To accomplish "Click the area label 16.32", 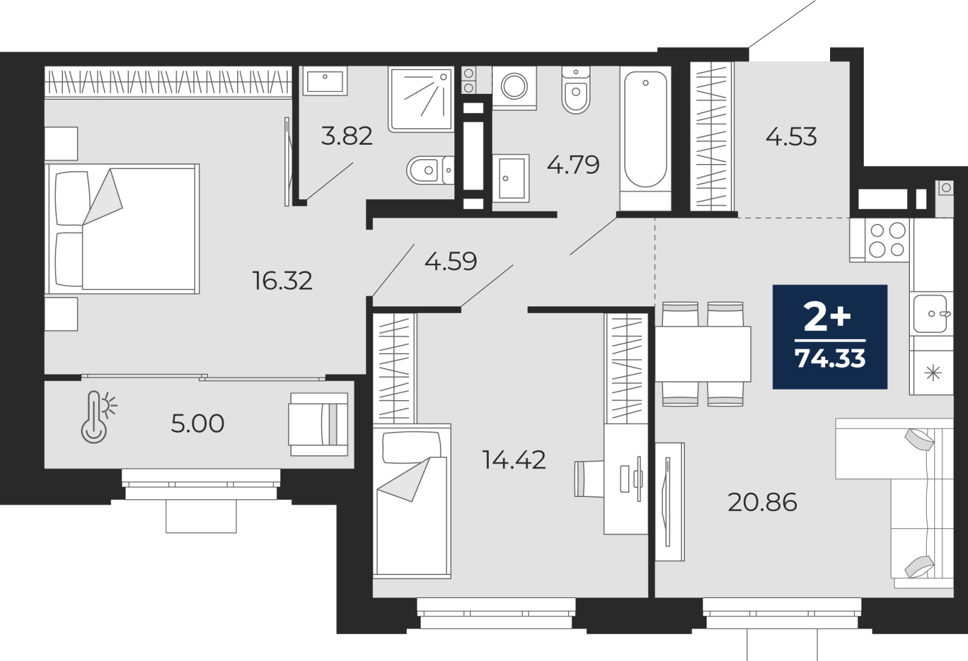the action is tap(282, 281).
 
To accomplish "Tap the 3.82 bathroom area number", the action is tap(347, 136).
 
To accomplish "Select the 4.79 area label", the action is tap(573, 165).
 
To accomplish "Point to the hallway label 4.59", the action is tap(451, 261).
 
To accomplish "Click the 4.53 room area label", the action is tap(791, 137).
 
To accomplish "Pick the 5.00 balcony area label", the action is tap(197, 424).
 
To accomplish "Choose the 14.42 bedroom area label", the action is tap(514, 459).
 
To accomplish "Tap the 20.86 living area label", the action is tap(762, 502).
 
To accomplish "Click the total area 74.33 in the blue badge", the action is tap(830, 358).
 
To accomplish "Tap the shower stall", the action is tap(421, 99).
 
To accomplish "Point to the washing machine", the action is tap(514, 87).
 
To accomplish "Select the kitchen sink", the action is tap(930, 314).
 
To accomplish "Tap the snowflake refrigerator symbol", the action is tap(934, 373).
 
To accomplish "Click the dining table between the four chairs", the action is tap(703, 354).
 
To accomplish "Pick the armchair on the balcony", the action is tap(319, 424).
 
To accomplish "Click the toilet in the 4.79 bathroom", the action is tap(576, 90).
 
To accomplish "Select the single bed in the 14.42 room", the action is tap(412, 501).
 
